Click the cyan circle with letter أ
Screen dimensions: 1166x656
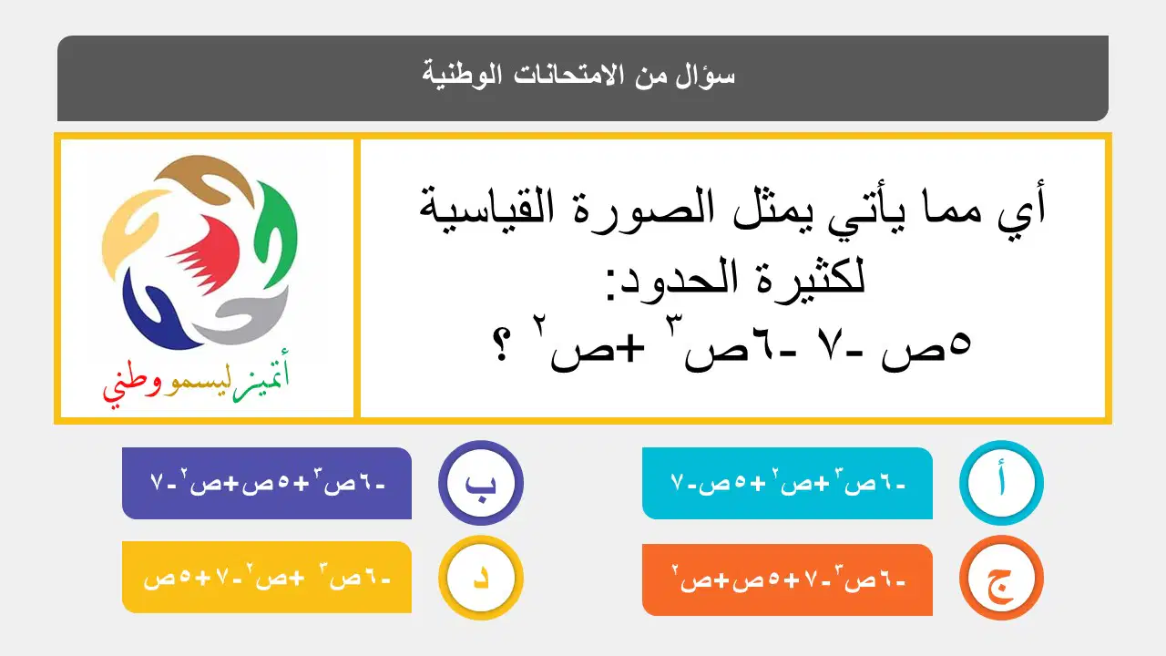1001,483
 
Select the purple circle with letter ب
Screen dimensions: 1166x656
480,483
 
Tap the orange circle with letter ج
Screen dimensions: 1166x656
1001,578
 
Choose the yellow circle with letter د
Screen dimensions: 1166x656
480,578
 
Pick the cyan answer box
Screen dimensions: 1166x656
787,483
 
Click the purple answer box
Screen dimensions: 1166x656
267,483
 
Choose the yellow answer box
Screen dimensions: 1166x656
267,577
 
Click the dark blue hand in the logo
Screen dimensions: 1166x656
156,313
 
